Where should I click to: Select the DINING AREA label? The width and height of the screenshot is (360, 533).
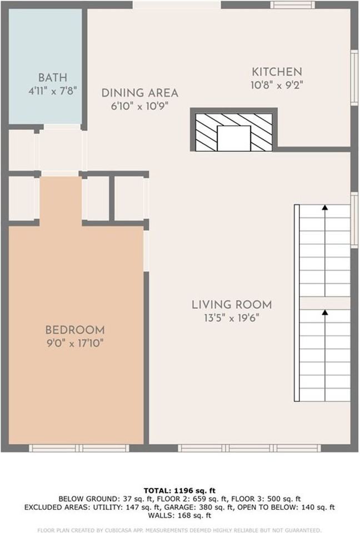coord(139,93)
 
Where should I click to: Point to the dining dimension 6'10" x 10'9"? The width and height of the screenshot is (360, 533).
coord(139,105)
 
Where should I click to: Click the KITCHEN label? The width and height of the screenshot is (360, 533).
coord(277,72)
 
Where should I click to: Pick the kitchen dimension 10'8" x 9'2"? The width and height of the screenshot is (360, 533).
coord(277,85)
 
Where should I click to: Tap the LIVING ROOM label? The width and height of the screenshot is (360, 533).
coord(232,304)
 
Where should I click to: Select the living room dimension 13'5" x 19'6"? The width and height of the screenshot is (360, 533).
coord(232,318)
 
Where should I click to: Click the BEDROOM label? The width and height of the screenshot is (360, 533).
coord(75,329)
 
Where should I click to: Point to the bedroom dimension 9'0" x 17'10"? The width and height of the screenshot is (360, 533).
coord(75,343)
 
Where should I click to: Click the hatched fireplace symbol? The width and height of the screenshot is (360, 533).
coord(234,132)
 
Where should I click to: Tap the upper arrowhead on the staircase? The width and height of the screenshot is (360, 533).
coord(325,208)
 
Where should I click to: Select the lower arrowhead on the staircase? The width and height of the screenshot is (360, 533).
coord(325,313)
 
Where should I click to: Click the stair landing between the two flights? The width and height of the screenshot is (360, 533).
coord(325,303)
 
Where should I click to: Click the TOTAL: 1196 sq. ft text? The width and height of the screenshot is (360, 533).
coord(179,490)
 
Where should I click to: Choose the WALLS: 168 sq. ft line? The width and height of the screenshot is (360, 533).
coord(179,515)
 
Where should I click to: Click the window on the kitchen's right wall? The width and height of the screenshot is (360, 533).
coord(354,77)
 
